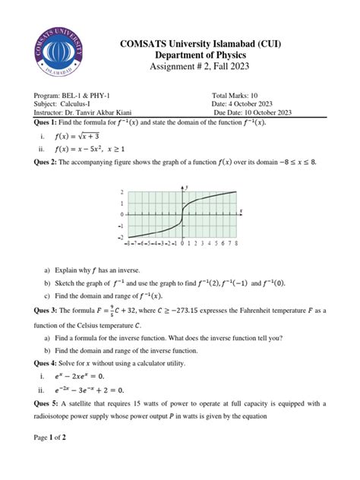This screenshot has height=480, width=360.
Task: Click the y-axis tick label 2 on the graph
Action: click(121, 193)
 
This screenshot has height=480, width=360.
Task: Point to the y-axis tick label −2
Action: click(120, 237)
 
